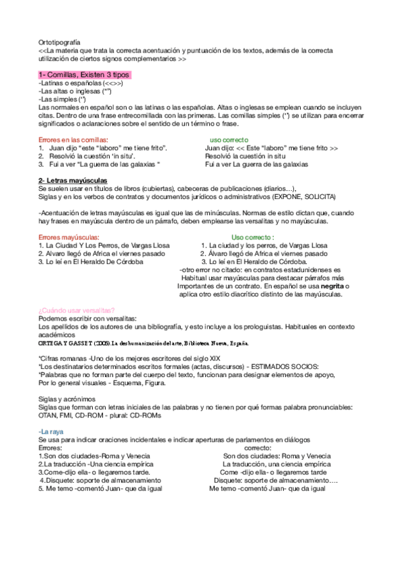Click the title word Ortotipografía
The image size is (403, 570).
(x=59, y=42)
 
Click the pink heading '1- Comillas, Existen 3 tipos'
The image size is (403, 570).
(x=85, y=75)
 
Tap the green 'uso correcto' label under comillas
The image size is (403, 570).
(x=230, y=139)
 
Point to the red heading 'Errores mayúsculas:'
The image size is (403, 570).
(x=69, y=237)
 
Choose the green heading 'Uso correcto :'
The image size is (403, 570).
(x=252, y=237)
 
